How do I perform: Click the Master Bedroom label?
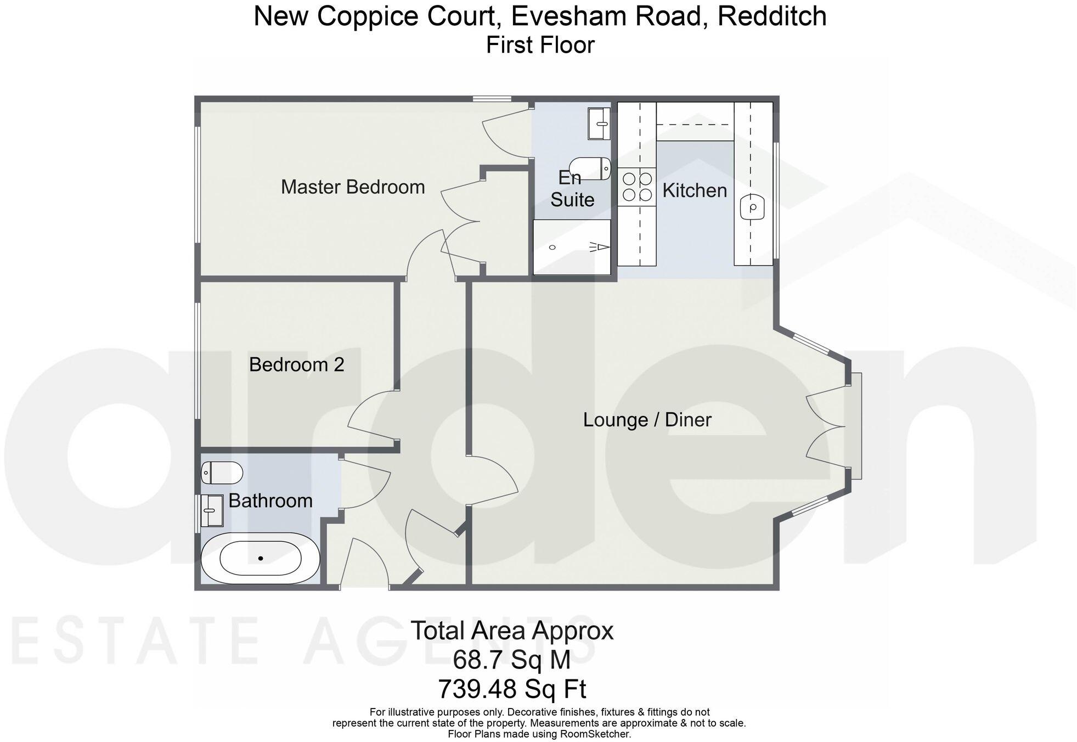click(353, 187)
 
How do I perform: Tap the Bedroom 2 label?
click(296, 364)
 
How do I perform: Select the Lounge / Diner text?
click(647, 420)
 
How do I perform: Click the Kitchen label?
click(694, 190)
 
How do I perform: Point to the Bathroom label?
click(270, 501)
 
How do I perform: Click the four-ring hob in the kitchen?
click(637, 187)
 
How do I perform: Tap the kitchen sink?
click(752, 207)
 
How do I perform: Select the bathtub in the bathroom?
click(260, 558)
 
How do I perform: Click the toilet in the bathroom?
click(222, 473)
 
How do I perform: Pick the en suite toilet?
click(591, 168)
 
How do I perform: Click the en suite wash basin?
click(599, 123)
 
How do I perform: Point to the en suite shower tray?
click(572, 247)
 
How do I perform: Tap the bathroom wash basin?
click(211, 510)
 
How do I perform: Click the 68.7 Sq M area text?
click(511, 660)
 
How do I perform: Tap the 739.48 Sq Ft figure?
click(511, 688)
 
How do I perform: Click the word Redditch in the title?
click(771, 16)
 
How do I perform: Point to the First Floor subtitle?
click(539, 45)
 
